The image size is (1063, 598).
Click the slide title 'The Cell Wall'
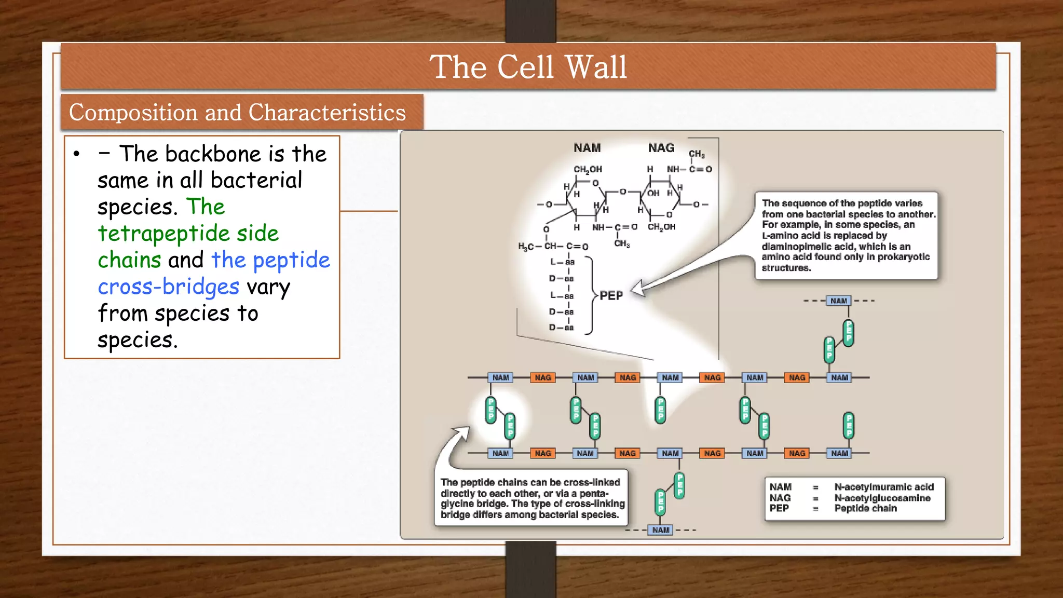click(528, 67)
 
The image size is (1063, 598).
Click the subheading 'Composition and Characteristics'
click(237, 113)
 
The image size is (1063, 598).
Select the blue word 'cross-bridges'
click(168, 287)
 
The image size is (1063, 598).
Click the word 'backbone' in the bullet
click(213, 154)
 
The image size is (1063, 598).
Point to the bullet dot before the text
click(77, 154)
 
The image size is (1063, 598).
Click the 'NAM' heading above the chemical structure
click(587, 148)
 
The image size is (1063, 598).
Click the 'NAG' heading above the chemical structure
click(661, 148)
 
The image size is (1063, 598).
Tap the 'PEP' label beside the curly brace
click(611, 295)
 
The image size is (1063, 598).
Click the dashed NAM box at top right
click(838, 301)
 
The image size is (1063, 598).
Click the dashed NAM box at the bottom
click(660, 530)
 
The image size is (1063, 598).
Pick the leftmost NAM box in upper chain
click(500, 377)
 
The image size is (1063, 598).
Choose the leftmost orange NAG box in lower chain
click(543, 453)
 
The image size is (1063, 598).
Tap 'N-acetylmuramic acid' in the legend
click(883, 487)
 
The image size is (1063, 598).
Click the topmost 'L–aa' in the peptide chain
click(563, 262)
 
